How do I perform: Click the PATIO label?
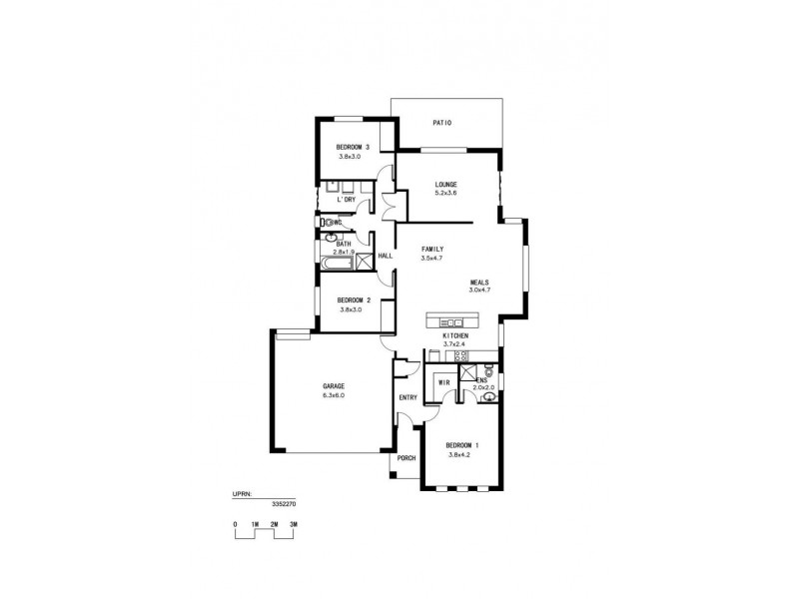point(442,123)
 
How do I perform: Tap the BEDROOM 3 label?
point(354,148)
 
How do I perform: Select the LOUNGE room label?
point(445,185)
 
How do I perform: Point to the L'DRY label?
point(346,200)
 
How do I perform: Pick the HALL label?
point(385,256)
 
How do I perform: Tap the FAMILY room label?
point(432,249)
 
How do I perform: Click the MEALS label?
point(479,283)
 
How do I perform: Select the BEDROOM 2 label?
point(354,300)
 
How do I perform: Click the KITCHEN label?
point(455,336)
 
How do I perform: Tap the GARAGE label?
point(334,385)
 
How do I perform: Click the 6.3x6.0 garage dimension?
point(334,395)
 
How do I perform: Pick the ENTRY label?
point(407,397)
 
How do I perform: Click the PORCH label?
point(406,458)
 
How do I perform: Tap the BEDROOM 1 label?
point(462,444)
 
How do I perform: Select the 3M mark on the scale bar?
point(294,523)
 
